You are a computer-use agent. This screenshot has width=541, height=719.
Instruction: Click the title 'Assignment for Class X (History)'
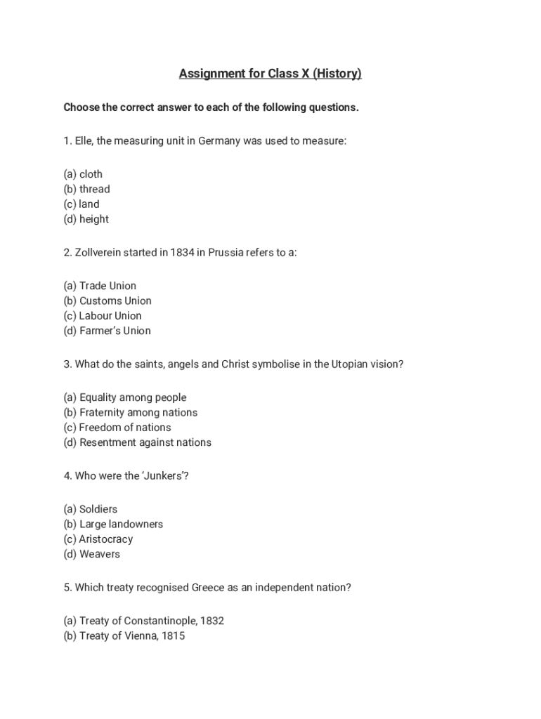[x=270, y=74]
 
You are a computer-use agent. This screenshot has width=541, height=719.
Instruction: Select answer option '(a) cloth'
[x=83, y=174]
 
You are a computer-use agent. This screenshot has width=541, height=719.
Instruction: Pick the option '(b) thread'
[x=86, y=189]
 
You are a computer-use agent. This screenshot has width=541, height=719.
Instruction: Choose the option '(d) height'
[x=86, y=219]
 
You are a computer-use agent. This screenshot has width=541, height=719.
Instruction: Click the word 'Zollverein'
[x=98, y=252]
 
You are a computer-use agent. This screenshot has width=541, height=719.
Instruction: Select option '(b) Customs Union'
[x=107, y=301]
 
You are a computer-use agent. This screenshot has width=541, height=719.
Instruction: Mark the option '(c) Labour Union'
[x=103, y=316]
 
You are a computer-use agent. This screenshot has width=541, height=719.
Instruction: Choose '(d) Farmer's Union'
[x=107, y=331]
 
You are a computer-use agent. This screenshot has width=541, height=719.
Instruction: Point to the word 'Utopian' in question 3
[x=350, y=364]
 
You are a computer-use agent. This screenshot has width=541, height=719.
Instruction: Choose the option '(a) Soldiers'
[x=90, y=509]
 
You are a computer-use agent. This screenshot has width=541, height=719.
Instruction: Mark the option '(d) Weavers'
[x=91, y=554]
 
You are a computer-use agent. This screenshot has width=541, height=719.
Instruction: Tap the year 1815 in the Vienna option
[x=172, y=636]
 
